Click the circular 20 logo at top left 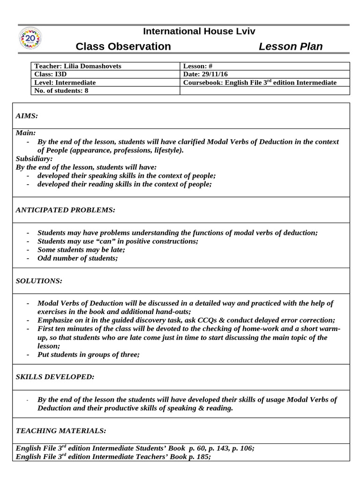[30, 39]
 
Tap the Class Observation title [123, 46]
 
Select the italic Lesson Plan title [291, 46]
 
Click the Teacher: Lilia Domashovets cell [78, 66]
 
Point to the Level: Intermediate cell [65, 82]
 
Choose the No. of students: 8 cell [61, 90]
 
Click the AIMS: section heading [27, 115]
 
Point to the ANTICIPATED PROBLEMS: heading [65, 210]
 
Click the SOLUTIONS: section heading [39, 280]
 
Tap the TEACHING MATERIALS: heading [61, 430]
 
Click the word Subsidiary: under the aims [34, 158]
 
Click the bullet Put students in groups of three [89, 354]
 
